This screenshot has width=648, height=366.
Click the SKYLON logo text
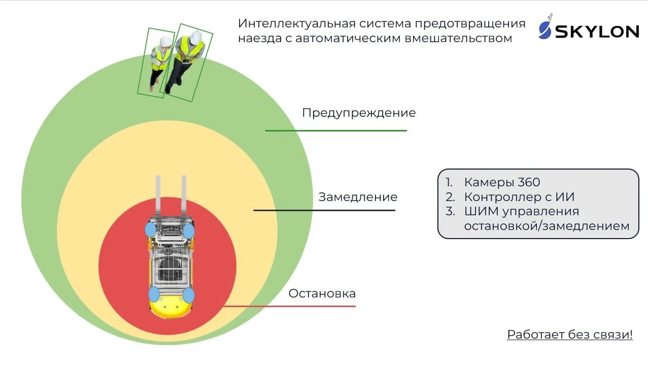597,31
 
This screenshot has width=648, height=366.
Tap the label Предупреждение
359,113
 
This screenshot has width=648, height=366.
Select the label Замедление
358,197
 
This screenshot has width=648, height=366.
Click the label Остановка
322,293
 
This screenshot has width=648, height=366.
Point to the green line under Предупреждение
336,131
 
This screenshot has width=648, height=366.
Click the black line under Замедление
324,210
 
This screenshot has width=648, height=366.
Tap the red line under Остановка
289,306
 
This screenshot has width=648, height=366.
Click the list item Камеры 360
502,182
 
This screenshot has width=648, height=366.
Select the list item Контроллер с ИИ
519,197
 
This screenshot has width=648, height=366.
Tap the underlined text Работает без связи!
570,335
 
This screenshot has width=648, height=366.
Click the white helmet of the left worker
165,41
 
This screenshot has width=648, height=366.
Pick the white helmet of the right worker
196,38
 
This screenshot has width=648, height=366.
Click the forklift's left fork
158,196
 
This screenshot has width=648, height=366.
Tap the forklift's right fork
184,196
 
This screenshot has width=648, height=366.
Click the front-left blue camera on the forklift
150,229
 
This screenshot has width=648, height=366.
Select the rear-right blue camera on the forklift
189,295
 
